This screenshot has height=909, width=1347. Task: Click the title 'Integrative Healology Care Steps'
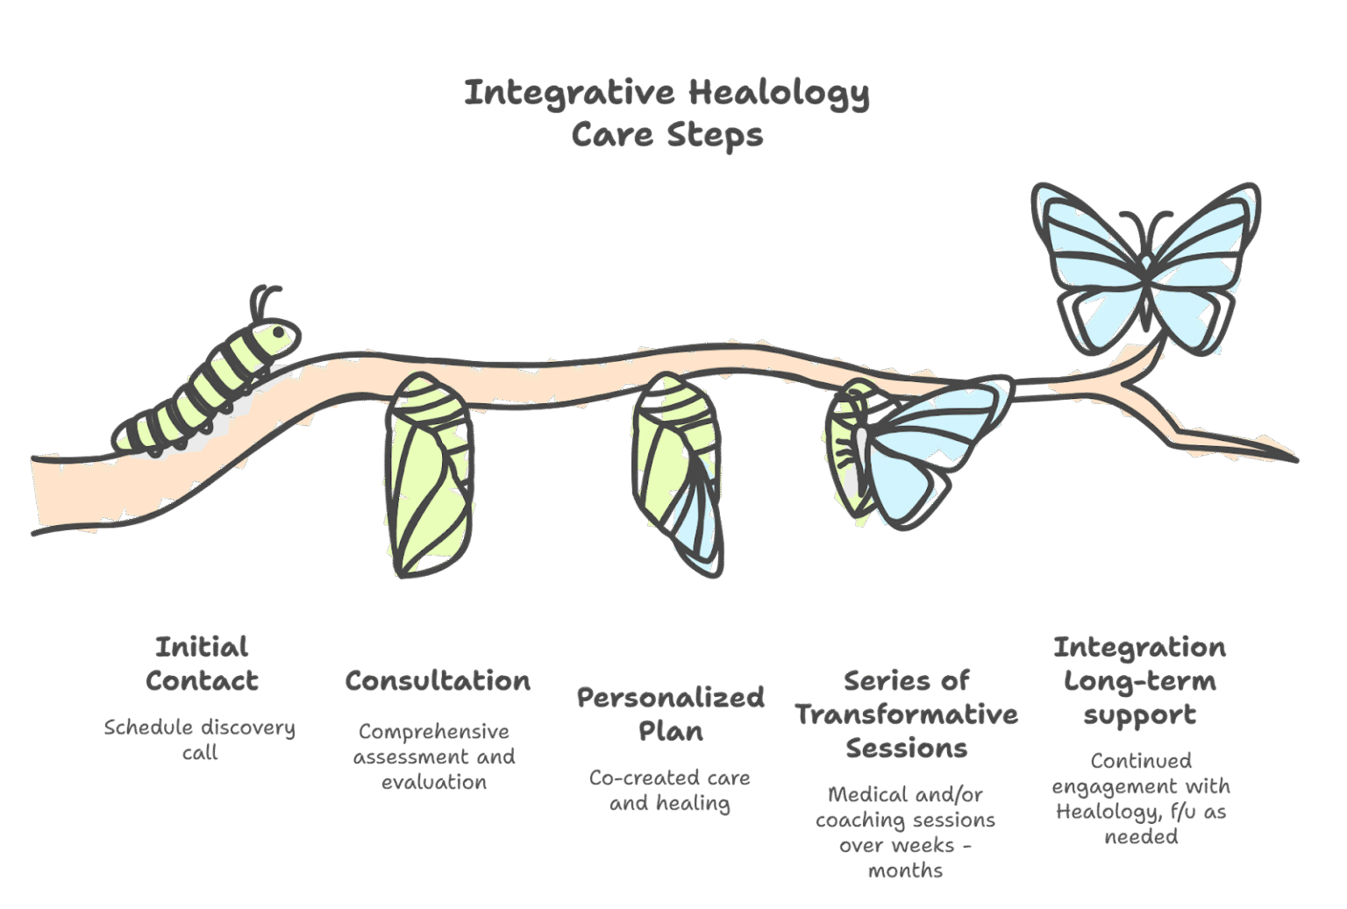point(666,113)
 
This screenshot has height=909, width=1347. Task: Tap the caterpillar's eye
point(278,333)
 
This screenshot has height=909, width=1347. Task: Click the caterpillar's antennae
point(263,301)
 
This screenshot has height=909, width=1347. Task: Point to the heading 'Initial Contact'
point(202,664)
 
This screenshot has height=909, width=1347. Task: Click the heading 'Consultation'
point(438,681)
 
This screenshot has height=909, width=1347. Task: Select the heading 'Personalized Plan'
point(671,714)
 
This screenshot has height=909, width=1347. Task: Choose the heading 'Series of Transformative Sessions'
point(907,714)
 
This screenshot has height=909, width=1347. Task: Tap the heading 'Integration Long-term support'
point(1139,681)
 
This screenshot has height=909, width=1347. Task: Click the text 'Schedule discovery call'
point(200,739)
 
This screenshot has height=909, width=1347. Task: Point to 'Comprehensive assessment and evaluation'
point(434,756)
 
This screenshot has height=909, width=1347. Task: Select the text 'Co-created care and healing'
point(670,790)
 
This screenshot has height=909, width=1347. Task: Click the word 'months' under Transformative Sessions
point(906,870)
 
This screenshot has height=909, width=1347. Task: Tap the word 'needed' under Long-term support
point(1141,836)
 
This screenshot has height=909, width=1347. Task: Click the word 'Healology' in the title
point(779,93)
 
